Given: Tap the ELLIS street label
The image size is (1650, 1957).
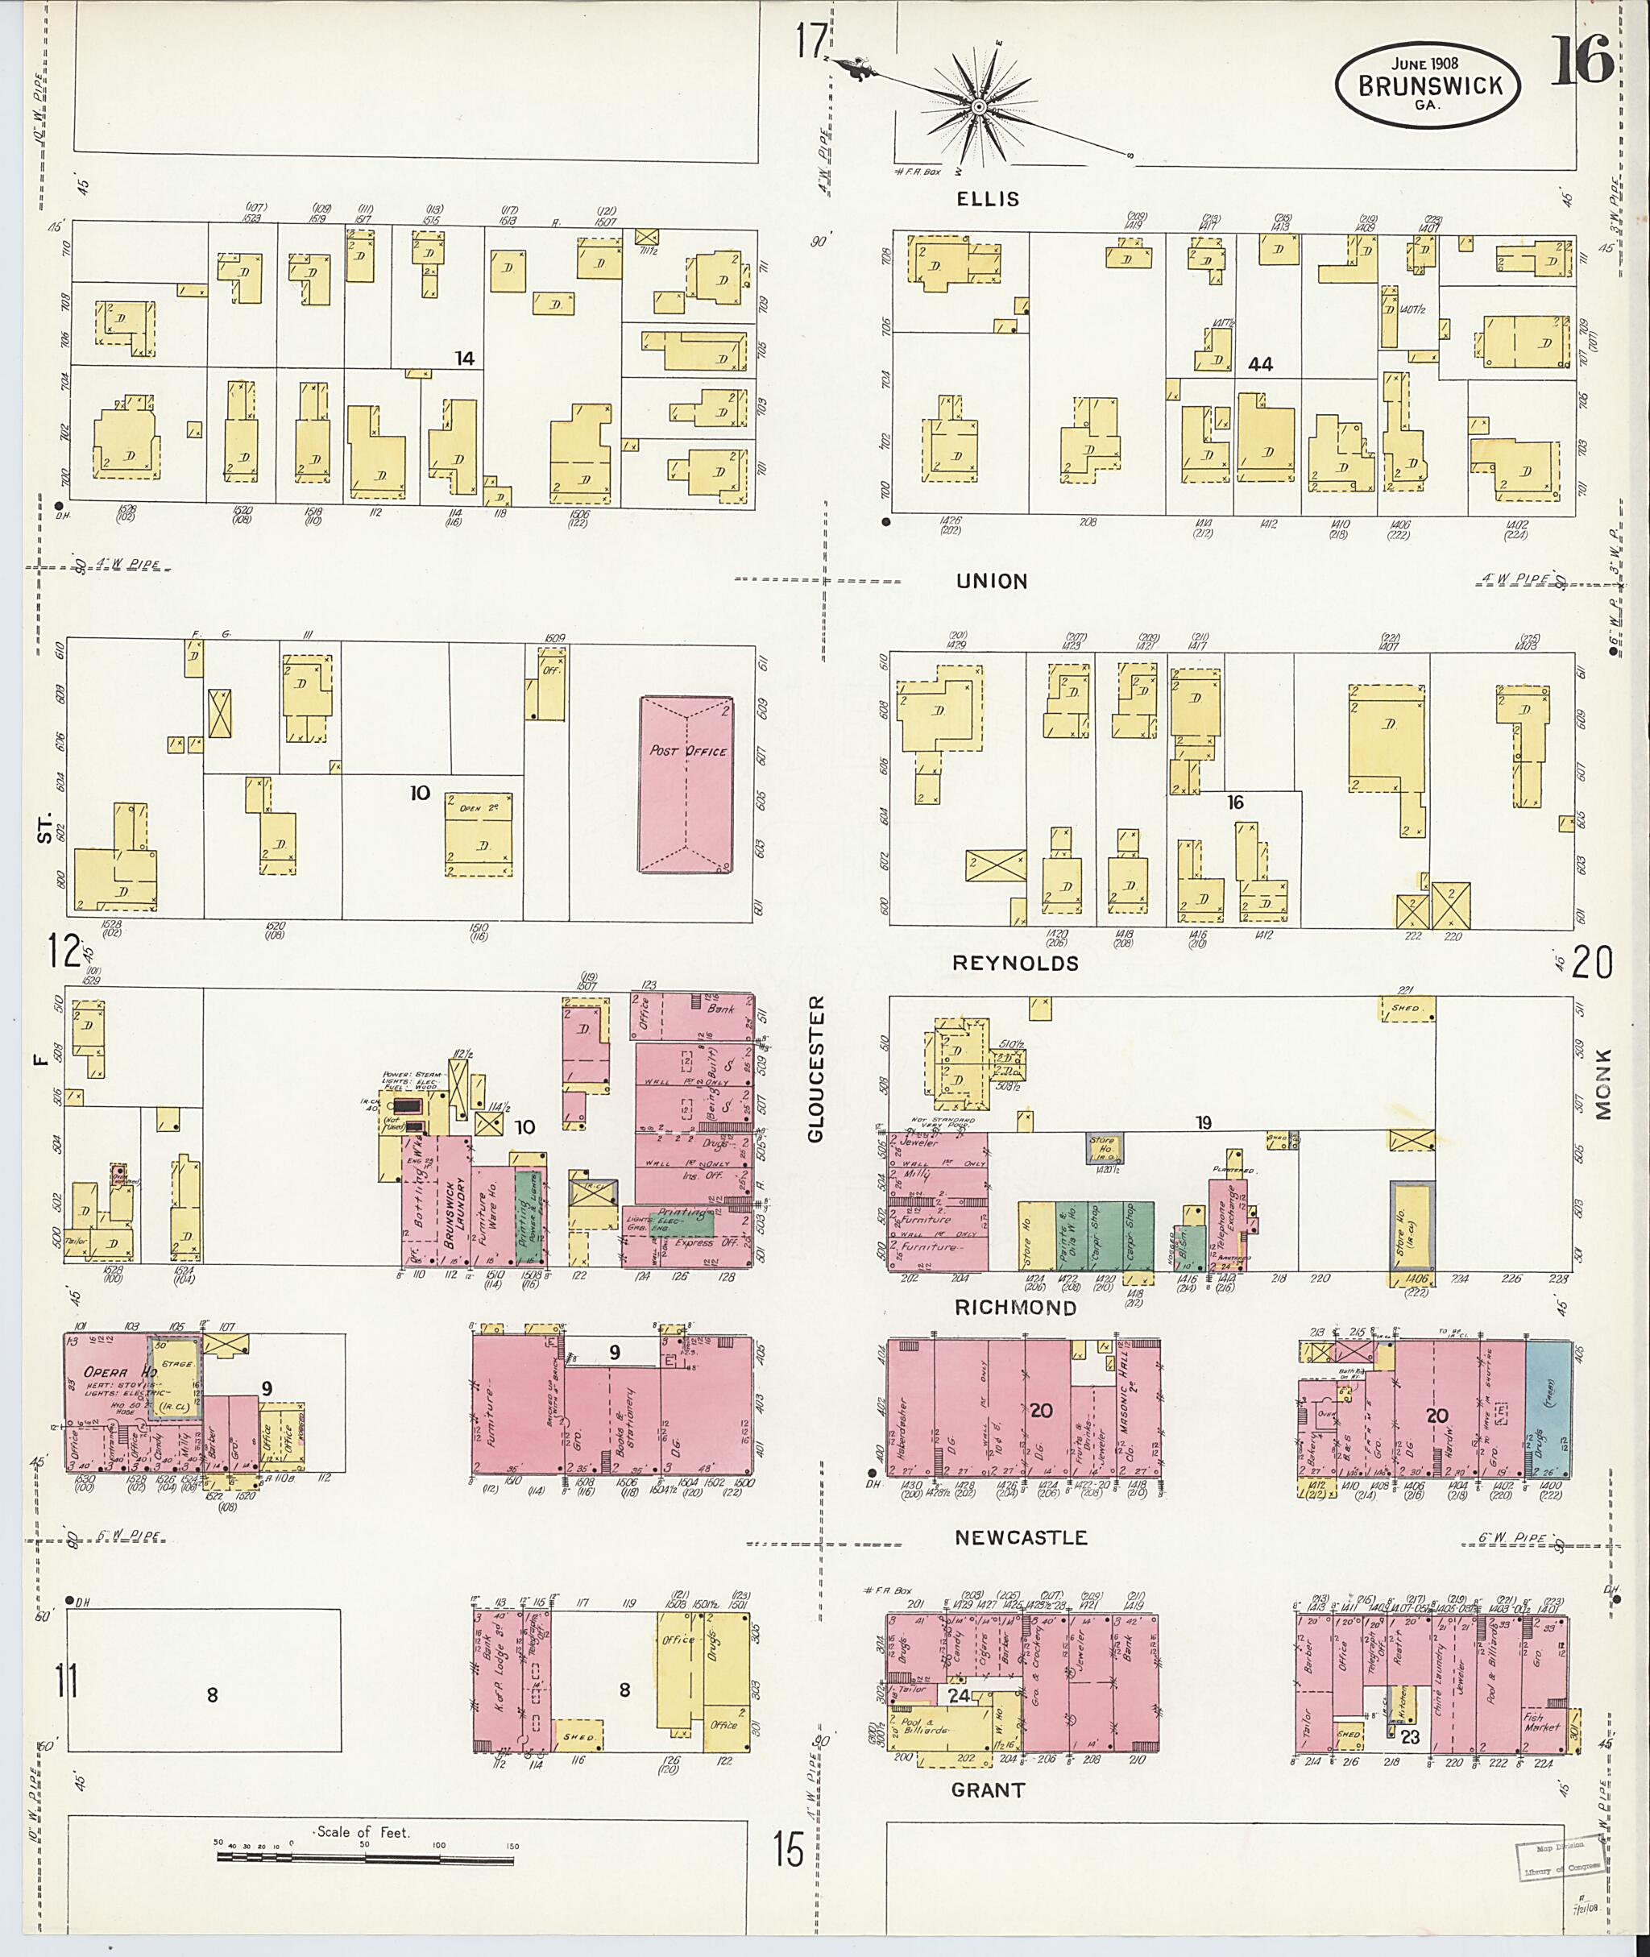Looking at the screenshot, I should [988, 199].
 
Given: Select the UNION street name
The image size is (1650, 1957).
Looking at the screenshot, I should [992, 581].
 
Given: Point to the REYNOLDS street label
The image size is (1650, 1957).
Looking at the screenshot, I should [1016, 963].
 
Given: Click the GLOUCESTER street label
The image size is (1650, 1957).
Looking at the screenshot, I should [815, 1069].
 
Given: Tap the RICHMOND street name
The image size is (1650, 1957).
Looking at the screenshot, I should [1016, 1308].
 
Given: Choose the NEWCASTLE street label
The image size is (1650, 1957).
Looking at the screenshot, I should [1021, 1537].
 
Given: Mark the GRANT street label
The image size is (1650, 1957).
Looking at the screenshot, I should [988, 1789].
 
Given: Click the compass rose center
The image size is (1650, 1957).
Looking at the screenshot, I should [978, 108].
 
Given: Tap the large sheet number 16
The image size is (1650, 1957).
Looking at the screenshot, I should [1582, 60].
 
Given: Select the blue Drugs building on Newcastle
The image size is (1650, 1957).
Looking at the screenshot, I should [1548, 1410].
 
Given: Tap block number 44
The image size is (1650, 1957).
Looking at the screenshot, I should [1260, 364].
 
